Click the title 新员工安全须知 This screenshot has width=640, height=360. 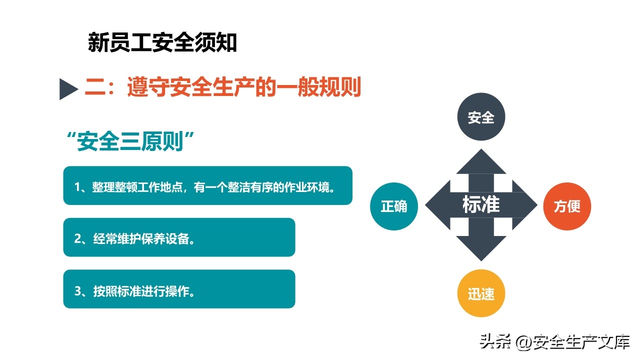(x=162, y=42)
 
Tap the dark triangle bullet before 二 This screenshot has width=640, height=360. (x=67, y=89)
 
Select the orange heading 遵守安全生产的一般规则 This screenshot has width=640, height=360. (x=244, y=87)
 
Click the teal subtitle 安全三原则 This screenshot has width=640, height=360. (x=130, y=141)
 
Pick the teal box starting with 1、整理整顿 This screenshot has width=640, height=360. (x=207, y=185)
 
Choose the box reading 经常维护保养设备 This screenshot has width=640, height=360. (x=179, y=237)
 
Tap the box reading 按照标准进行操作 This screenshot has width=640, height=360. (x=179, y=289)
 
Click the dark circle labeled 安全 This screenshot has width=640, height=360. (x=481, y=116)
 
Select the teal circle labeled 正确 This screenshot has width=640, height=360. (x=394, y=206)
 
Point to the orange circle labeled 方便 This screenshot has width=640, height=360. (x=567, y=206)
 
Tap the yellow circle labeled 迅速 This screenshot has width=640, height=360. (x=481, y=293)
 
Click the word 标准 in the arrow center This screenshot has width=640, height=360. (x=481, y=204)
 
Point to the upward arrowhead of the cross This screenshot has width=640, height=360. (x=481, y=161)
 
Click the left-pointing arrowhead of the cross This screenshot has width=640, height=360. (x=437, y=205)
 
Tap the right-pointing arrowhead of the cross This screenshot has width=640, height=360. (x=525, y=205)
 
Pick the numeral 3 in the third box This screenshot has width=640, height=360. (x=77, y=291)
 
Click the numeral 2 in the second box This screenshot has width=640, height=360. (x=77, y=238)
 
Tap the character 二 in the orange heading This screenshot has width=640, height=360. (x=95, y=87)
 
